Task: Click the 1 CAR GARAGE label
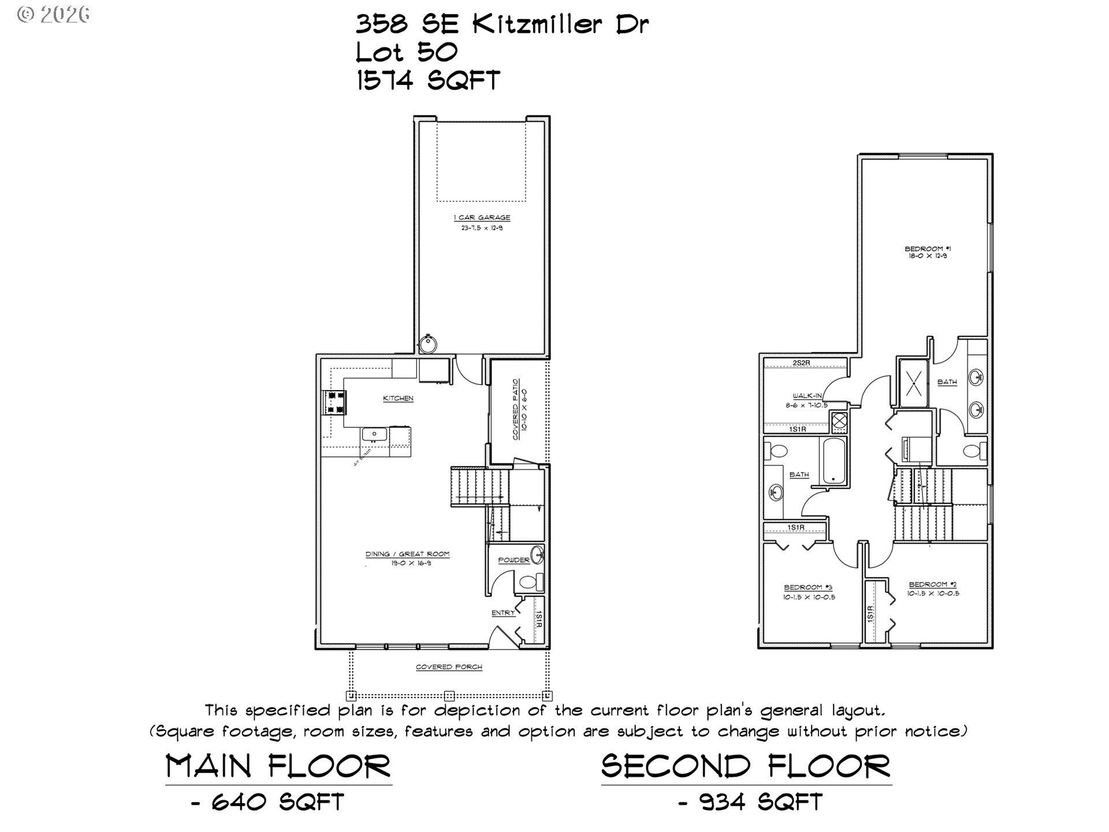[482, 218]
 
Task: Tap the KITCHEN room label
[398, 399]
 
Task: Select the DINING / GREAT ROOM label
[407, 554]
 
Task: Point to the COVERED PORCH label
[449, 667]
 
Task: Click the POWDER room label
[513, 560]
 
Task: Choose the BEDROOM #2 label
[933, 585]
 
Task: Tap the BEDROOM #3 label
[807, 588]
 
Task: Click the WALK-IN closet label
[807, 396]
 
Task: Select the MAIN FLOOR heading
[278, 767]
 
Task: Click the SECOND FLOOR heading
[746, 767]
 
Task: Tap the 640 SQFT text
[278, 802]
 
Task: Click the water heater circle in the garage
[428, 344]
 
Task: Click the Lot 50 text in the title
[406, 53]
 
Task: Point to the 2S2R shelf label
[802, 363]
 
